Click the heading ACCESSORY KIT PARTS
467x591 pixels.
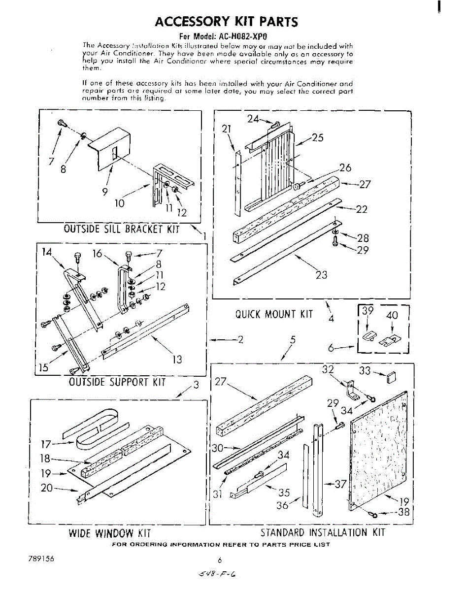click(226, 22)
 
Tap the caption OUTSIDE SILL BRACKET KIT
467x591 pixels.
click(121, 229)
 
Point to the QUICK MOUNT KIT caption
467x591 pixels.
click(274, 314)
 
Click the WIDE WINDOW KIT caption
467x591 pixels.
click(109, 533)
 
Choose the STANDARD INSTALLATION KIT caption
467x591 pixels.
click(322, 532)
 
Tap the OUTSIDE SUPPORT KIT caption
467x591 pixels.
click(117, 382)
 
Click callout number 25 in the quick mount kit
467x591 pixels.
click(318, 138)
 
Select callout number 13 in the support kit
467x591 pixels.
click(176, 360)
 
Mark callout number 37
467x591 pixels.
click(340, 484)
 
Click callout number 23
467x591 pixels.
click(321, 275)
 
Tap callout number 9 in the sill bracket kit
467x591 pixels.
click(105, 192)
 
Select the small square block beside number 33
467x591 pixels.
click(392, 378)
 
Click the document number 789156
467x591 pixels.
click(41, 559)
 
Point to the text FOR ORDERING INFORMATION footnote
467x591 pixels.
click(221, 545)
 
